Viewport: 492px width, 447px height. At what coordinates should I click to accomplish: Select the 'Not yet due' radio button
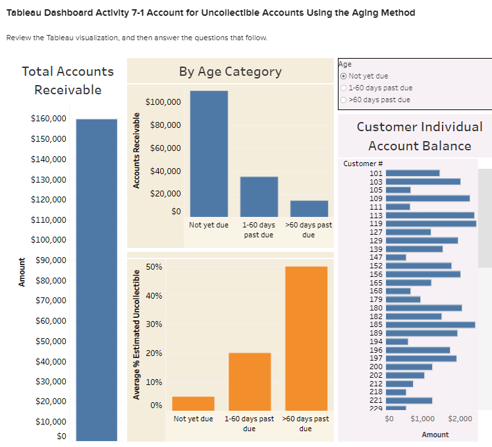click(343, 76)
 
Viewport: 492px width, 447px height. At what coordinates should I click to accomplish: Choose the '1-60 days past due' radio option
click(343, 88)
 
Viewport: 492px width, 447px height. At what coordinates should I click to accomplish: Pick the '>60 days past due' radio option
click(343, 100)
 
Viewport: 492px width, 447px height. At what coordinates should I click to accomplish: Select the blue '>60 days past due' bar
click(309, 208)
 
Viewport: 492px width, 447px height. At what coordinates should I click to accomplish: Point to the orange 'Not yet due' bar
click(193, 403)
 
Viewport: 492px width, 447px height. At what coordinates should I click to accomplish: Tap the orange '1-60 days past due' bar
click(250, 381)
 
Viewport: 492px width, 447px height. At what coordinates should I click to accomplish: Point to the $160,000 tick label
click(49, 119)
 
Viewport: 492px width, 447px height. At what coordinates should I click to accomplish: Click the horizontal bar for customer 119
click(430, 223)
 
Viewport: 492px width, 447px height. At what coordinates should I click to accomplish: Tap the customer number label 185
click(376, 324)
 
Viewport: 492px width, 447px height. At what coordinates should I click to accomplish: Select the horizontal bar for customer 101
click(412, 173)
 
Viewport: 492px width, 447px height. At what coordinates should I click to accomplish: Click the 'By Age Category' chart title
click(230, 71)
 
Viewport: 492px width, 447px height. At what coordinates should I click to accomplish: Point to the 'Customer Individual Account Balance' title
click(420, 136)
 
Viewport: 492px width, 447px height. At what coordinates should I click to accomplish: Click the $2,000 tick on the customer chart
click(459, 419)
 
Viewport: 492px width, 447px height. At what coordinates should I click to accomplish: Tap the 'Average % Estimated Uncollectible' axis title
click(137, 332)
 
